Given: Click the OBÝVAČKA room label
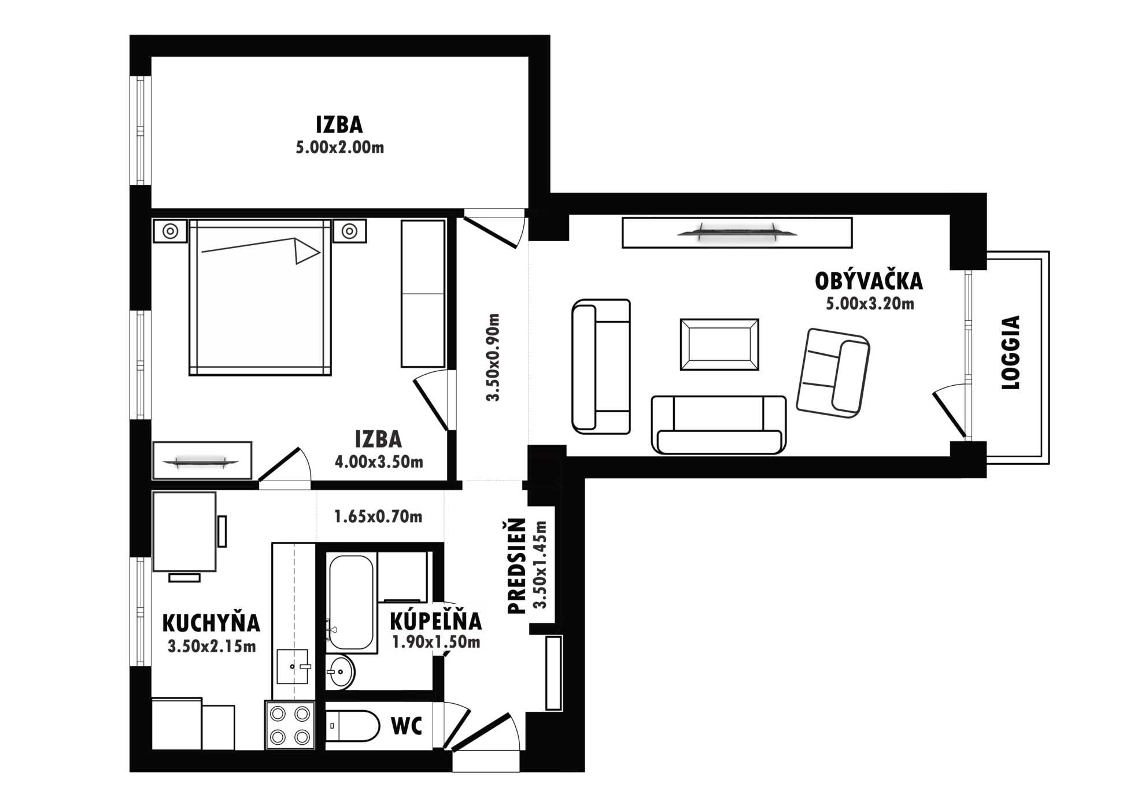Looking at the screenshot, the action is (x=869, y=281).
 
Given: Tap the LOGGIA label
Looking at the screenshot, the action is (x=1010, y=352).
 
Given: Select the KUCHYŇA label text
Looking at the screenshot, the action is (x=211, y=623).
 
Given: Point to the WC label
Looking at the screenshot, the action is (x=407, y=726).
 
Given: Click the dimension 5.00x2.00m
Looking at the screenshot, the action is (x=340, y=147).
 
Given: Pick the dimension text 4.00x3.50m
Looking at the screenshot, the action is (x=379, y=462).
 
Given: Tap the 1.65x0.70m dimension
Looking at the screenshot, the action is (x=378, y=516).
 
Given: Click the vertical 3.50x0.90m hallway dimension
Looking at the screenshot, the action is (x=493, y=357).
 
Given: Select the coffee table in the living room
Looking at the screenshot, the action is (x=719, y=344).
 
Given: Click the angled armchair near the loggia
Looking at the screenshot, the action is (x=833, y=373).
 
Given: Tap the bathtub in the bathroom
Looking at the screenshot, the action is (x=351, y=603).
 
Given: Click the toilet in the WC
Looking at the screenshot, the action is (x=352, y=726).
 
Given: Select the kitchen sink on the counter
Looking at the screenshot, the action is (x=293, y=666).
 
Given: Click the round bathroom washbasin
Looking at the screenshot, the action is (x=340, y=672).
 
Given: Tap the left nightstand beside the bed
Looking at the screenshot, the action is (x=170, y=231).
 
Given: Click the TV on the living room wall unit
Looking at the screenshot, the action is (x=737, y=232).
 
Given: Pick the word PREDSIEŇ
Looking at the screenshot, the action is (x=516, y=566).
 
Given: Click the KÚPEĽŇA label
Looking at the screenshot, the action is (x=435, y=621).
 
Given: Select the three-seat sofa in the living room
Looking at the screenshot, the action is (x=719, y=424).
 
